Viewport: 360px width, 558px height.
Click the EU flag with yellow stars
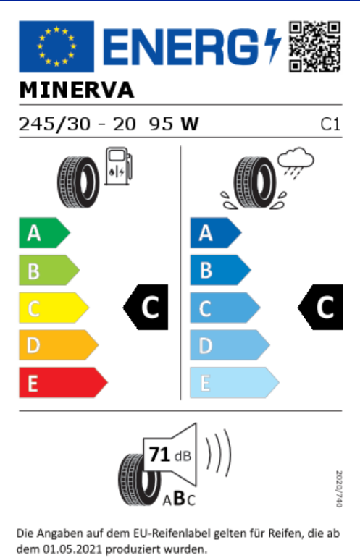56,46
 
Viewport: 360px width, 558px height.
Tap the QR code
314,46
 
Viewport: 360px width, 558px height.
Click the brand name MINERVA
77,90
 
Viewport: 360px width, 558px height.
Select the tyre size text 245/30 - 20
78,124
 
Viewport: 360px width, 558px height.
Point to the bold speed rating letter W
190,124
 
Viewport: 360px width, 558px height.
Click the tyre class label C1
330,124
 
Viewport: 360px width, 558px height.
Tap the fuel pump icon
118,166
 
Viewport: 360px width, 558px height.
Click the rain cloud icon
296,163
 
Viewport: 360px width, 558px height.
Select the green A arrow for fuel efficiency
44,233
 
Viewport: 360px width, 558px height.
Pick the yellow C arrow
54,308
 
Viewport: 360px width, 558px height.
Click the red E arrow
64,383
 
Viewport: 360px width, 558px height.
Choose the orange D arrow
59,345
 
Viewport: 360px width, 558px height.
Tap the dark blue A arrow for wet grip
216,233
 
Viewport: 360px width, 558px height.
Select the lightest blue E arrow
235,383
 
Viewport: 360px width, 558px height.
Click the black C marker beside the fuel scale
146,307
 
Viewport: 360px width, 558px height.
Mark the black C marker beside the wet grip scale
320,307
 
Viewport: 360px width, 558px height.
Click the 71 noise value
159,455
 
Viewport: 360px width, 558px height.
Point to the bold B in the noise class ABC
179,498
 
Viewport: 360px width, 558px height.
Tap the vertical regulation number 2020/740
339,489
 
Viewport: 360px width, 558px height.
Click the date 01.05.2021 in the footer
72,549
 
